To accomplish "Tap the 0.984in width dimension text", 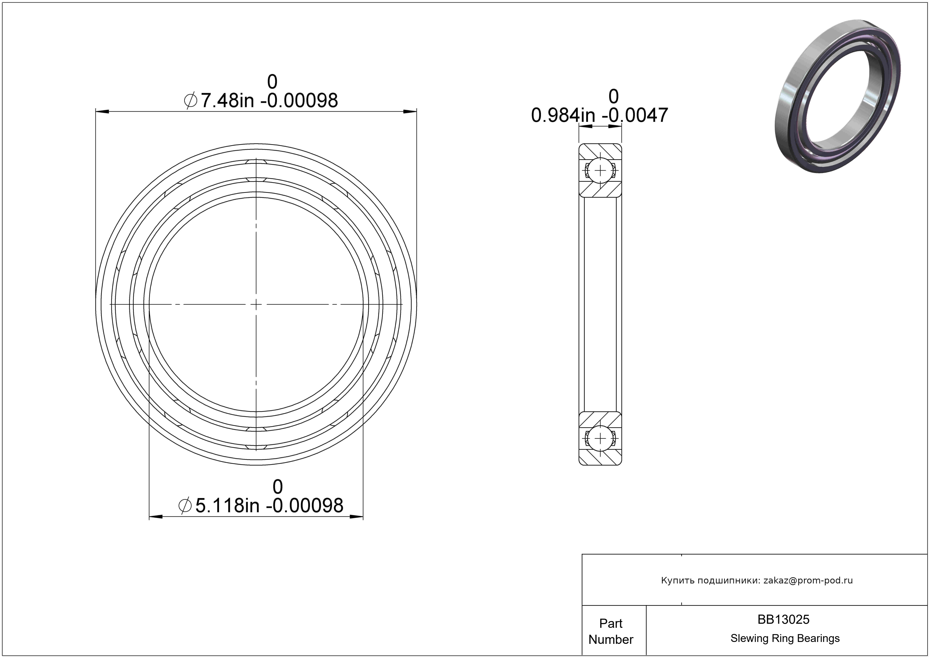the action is (599, 115).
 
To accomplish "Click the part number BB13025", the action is (783, 619).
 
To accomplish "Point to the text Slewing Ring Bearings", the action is (785, 638).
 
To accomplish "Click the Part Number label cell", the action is (611, 631).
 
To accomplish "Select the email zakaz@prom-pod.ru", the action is (808, 580).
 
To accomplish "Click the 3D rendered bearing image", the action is (838, 97).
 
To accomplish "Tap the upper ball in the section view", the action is (600, 170).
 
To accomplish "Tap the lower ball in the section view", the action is (600, 439).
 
